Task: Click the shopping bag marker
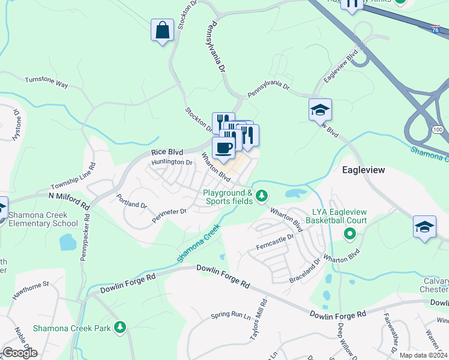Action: [x=163, y=31]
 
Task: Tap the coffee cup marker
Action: [x=224, y=148]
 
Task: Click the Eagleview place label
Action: [x=363, y=170]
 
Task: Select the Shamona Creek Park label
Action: [x=72, y=328]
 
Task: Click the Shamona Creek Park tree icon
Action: [x=121, y=327]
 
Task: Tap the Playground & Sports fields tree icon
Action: [x=261, y=196]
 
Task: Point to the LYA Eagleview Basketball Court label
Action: [x=348, y=216]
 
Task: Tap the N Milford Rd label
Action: [x=70, y=199]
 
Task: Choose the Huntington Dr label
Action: [x=172, y=162]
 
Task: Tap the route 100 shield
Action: [x=437, y=130]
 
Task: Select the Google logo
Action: [x=19, y=353]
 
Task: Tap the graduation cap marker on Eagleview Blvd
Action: [x=320, y=110]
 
